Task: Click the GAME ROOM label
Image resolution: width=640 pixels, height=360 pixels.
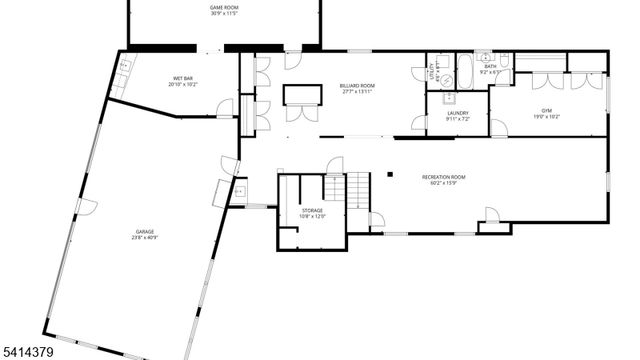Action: click(x=224, y=7)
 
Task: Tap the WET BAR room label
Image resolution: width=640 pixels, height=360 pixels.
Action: click(x=182, y=78)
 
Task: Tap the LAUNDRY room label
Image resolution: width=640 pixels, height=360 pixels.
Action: click(x=458, y=113)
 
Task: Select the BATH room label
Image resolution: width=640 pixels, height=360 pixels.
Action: click(x=490, y=66)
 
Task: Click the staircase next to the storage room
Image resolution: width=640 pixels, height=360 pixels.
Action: click(x=358, y=186)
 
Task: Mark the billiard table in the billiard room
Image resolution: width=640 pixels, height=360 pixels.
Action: click(x=303, y=95)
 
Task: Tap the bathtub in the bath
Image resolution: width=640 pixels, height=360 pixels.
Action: click(x=466, y=72)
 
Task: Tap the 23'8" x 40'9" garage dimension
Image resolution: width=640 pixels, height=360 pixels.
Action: click(x=145, y=238)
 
